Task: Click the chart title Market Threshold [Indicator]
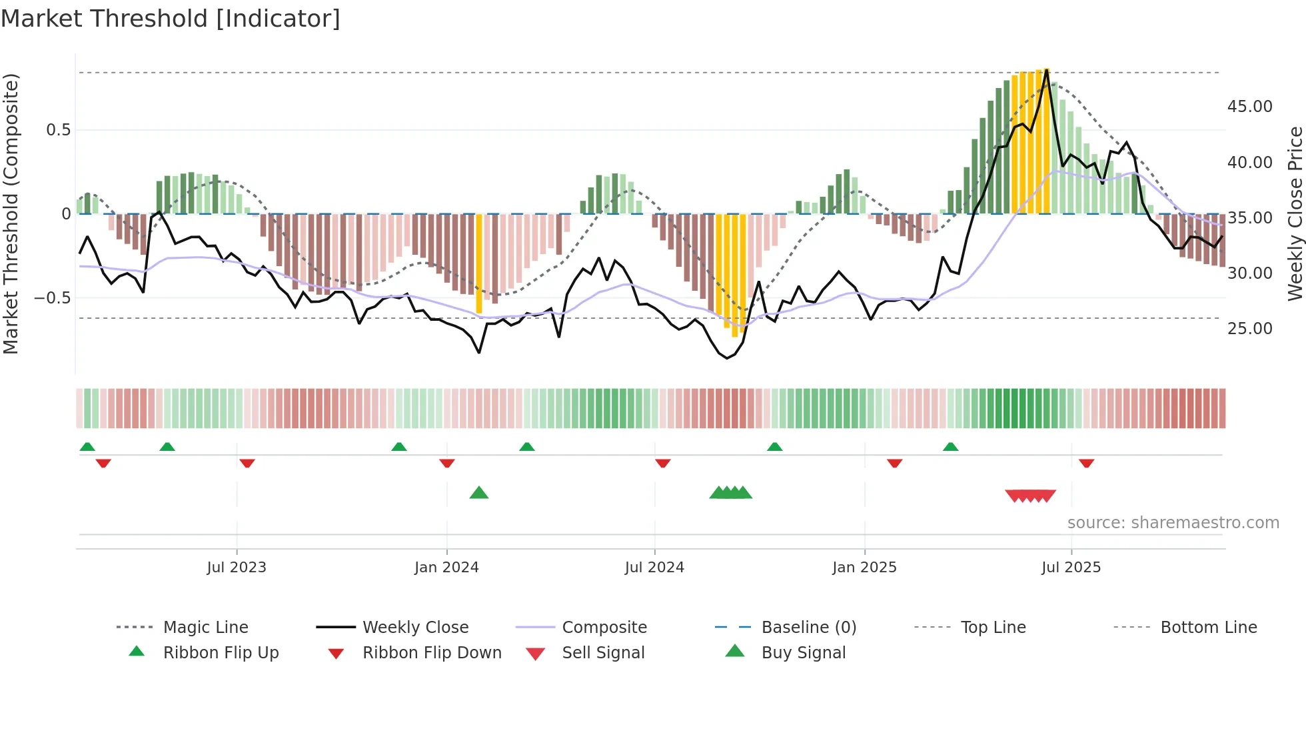pos(171,19)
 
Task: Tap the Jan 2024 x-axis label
pos(446,567)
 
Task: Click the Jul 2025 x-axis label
pos(1071,567)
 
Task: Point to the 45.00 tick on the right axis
pos(1249,107)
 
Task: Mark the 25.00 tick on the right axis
pos(1249,328)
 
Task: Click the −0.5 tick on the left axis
pos(52,297)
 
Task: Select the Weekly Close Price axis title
pos(1294,213)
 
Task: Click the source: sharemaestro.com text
pos(1173,522)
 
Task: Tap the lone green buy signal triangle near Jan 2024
pos(479,493)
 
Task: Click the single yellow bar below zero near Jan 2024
pos(479,263)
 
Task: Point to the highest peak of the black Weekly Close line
pos(1047,70)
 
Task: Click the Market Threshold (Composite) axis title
pos(11,213)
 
